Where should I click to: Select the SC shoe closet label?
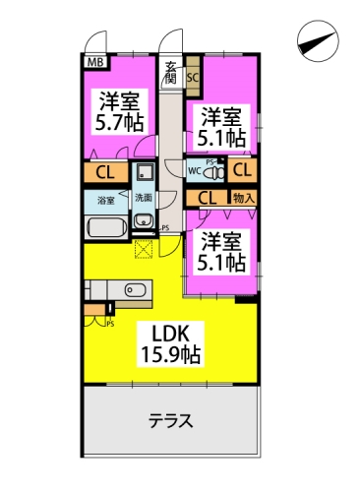pos(193,75)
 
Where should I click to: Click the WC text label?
pos(195,170)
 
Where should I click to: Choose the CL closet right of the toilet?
pos(243,169)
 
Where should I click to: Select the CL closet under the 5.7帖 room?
pos(105,171)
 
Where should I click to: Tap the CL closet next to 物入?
pos(209,197)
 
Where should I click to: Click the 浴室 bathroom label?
pos(106,199)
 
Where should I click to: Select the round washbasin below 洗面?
pos(143,220)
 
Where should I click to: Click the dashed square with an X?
pos(145,248)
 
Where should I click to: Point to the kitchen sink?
pos(136,289)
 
